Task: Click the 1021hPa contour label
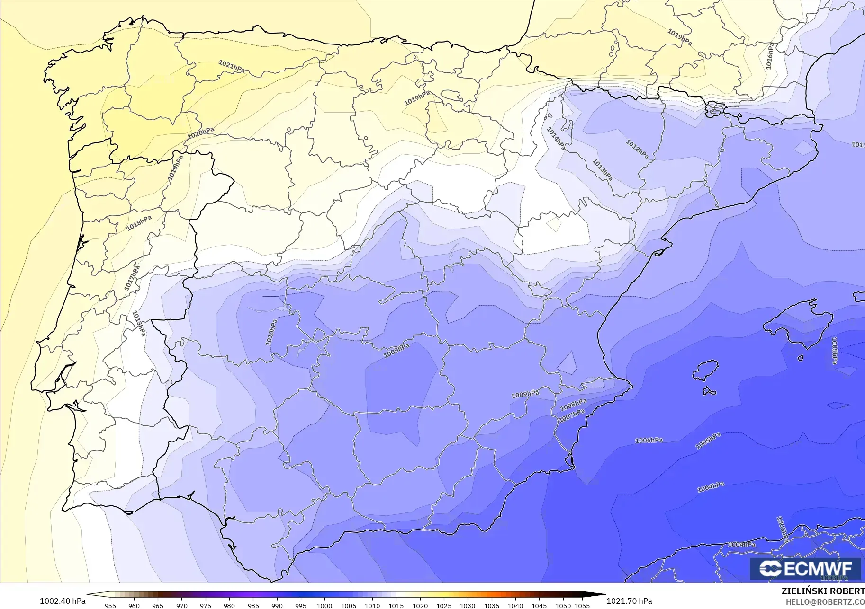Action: tap(232, 66)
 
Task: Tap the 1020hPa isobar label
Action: tap(200, 133)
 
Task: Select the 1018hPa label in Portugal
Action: tap(139, 223)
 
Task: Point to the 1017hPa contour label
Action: tap(132, 278)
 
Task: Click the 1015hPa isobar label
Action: tap(138, 323)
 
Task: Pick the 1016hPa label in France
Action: tap(770, 56)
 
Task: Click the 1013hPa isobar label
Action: tap(603, 169)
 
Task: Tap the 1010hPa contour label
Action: tap(271, 332)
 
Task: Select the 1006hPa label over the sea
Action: tap(649, 441)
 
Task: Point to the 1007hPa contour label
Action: tap(572, 416)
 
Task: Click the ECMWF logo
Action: tap(805, 568)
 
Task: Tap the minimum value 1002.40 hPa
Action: tap(63, 601)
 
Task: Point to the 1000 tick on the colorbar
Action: tap(324, 605)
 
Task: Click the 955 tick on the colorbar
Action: tap(110, 605)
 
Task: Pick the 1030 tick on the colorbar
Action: tap(468, 605)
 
